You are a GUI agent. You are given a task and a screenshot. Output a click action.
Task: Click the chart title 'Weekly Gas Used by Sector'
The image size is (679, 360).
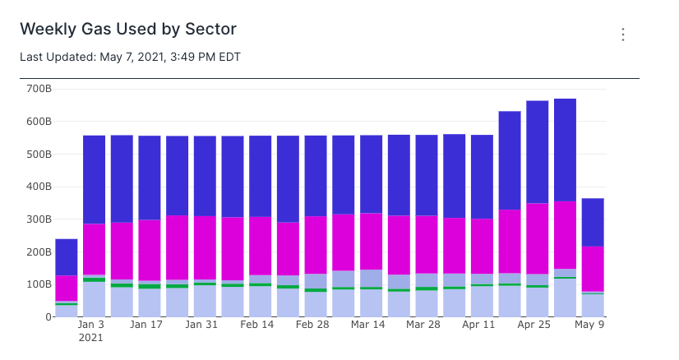click(128, 30)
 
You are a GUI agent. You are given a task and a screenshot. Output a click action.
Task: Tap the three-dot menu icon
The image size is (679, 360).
click(623, 35)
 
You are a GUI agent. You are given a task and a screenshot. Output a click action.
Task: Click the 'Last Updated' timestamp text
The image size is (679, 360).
click(130, 57)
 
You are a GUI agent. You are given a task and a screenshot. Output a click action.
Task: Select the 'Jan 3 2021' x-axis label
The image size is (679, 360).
click(91, 330)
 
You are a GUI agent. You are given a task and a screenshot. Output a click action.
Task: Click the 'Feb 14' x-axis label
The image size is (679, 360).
click(257, 325)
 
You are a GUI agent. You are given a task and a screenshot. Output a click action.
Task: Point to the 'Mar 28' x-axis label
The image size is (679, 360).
click(423, 325)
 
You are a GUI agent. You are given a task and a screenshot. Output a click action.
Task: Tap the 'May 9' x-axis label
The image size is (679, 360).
click(589, 325)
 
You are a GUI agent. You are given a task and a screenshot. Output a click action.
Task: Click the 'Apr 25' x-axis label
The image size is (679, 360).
click(534, 325)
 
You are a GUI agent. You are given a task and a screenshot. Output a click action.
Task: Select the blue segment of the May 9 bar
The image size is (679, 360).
click(593, 222)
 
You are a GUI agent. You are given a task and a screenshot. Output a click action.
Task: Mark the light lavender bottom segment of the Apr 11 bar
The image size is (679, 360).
click(482, 302)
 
